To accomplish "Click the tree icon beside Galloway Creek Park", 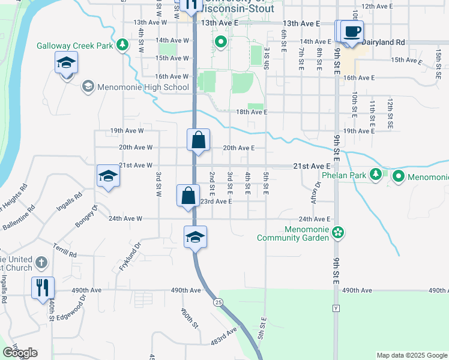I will click(122, 44).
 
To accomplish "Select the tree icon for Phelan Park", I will click(376, 174).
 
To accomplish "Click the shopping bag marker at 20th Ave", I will click(198, 140).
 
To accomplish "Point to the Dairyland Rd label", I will click(384, 42).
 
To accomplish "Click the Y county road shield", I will click(336, 308).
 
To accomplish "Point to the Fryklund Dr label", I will click(129, 256).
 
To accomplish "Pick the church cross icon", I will click(41, 262).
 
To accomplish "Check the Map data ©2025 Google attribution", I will click(411, 355).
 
